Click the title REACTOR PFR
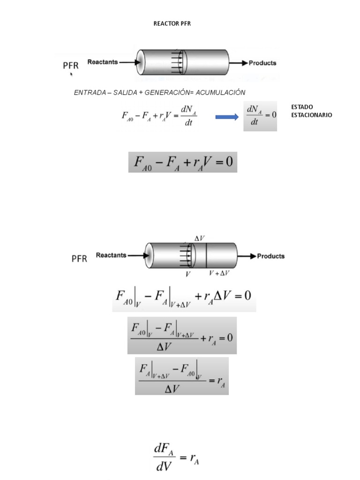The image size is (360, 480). (172, 24)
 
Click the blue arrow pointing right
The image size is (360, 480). (227, 117)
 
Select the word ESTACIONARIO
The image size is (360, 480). (312, 115)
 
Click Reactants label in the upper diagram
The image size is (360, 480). (102, 62)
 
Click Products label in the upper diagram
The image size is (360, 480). (262, 62)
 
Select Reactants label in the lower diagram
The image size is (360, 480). (111, 255)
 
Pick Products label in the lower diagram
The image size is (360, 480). (271, 256)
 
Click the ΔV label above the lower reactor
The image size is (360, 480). (199, 238)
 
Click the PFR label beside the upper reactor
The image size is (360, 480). (71, 65)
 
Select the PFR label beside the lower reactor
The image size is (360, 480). (79, 258)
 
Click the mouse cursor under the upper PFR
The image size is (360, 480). (71, 74)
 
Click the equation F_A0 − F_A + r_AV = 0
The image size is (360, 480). (183, 162)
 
